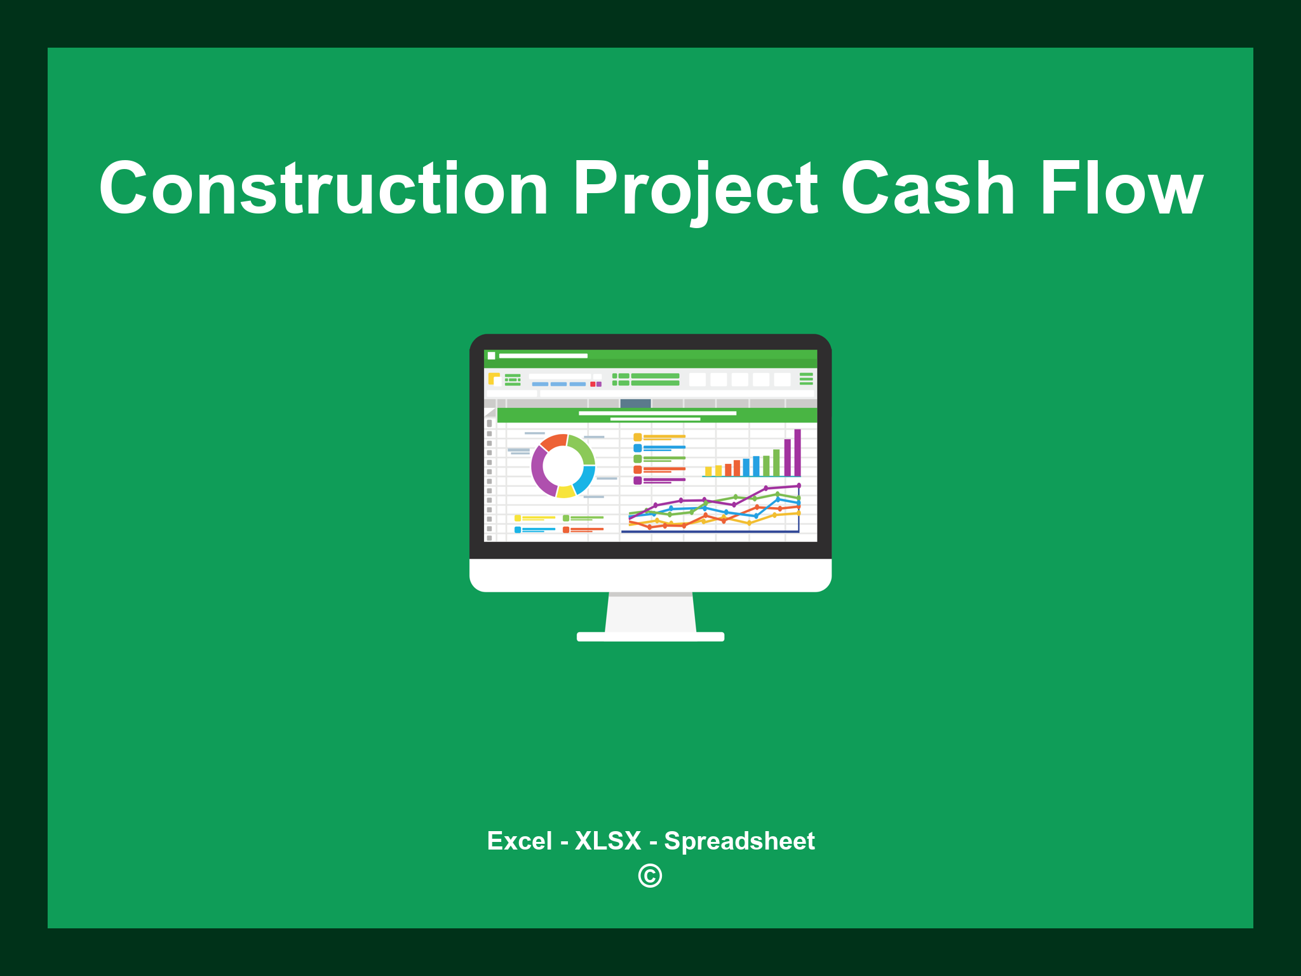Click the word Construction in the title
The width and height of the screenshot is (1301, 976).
click(324, 189)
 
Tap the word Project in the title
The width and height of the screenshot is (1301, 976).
click(696, 189)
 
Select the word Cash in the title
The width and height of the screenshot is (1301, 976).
click(927, 189)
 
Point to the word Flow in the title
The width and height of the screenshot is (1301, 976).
click(1121, 189)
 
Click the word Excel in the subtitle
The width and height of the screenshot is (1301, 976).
click(519, 841)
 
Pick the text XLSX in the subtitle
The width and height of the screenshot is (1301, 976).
click(608, 841)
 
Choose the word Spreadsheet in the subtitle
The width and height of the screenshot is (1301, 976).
click(739, 841)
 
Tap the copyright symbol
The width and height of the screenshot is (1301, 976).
click(650, 876)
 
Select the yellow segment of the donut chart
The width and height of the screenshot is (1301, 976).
click(565, 491)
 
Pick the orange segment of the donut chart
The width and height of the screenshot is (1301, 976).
click(553, 442)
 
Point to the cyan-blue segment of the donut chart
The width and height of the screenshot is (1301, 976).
click(584, 480)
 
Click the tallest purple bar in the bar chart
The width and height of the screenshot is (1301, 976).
click(797, 452)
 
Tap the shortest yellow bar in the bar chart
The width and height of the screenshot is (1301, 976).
click(708, 471)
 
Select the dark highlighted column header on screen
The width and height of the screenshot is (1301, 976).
click(635, 403)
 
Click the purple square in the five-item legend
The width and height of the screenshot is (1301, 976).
click(637, 480)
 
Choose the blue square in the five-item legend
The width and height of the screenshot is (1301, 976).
click(637, 448)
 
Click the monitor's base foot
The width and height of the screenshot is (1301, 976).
click(650, 637)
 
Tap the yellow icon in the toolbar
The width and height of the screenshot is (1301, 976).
click(494, 379)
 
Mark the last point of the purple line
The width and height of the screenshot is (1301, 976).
click(799, 486)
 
